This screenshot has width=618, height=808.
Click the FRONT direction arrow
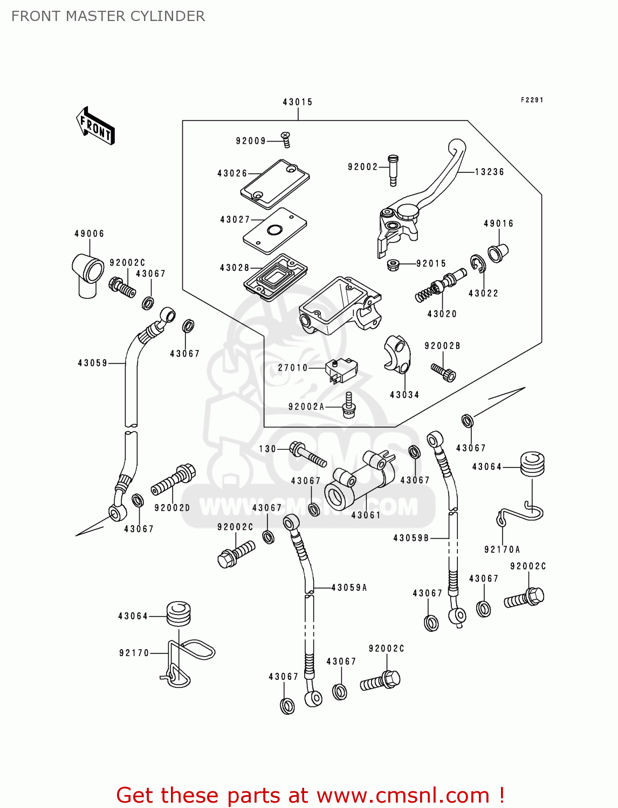96,126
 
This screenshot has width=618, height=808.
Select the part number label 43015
297,102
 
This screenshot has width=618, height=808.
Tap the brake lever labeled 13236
431,189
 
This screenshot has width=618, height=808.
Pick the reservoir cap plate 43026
275,184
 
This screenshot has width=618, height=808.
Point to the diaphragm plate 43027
274,230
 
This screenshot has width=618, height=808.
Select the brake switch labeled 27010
340,370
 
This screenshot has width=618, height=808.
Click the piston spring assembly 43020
440,285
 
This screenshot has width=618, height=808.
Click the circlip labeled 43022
477,263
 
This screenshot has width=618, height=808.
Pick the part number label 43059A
349,588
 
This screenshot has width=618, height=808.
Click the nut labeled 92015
393,264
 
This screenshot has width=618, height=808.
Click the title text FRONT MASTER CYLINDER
108,16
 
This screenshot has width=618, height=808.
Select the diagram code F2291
532,100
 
